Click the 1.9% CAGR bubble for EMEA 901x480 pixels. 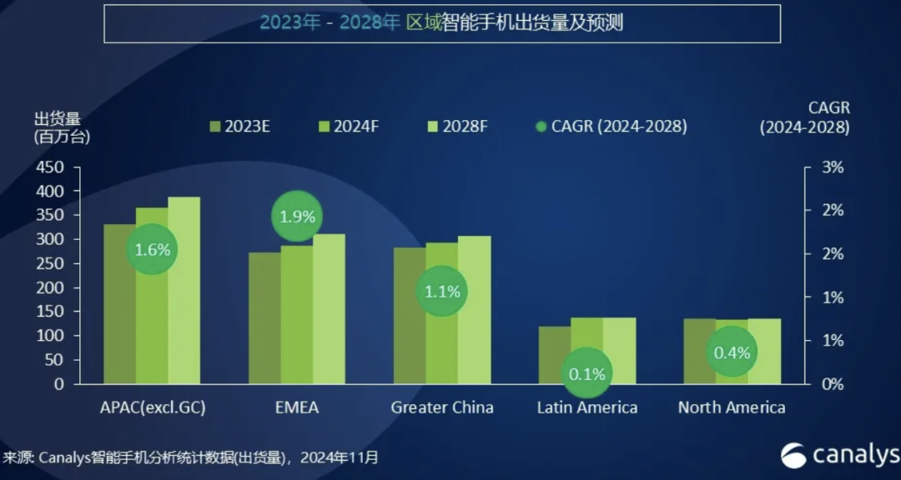click(297, 217)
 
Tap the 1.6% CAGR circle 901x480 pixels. click(152, 248)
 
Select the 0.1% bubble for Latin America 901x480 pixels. click(586, 374)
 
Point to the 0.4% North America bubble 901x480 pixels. click(732, 352)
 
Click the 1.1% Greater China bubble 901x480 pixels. click(441, 292)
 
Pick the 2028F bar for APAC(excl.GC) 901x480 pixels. click(184, 292)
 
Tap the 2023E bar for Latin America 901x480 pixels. click(554, 355)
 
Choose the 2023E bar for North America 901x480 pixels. click(699, 351)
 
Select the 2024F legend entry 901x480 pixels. click(349, 127)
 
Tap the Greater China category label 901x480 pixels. click(442, 407)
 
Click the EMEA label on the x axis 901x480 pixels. click(297, 407)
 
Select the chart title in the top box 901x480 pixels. click(441, 23)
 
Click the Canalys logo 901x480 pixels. click(839, 455)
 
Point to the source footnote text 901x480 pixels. click(190, 457)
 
